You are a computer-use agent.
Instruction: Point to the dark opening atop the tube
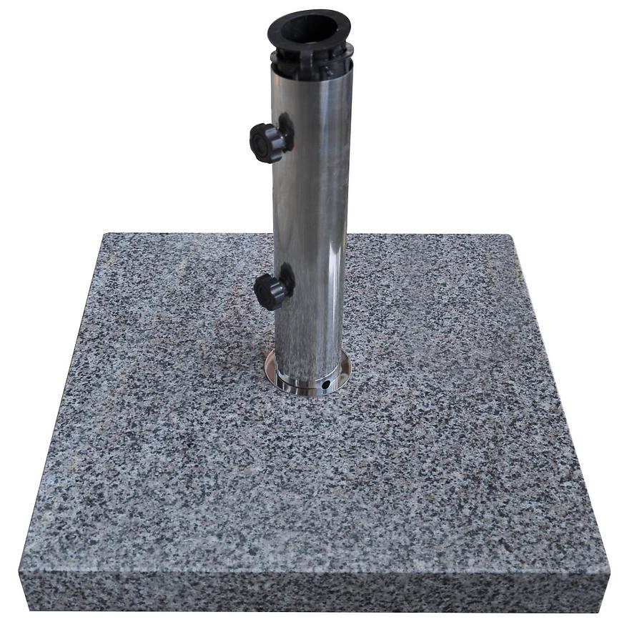pos(309,29)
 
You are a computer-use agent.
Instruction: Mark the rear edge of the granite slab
pos(429,235)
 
